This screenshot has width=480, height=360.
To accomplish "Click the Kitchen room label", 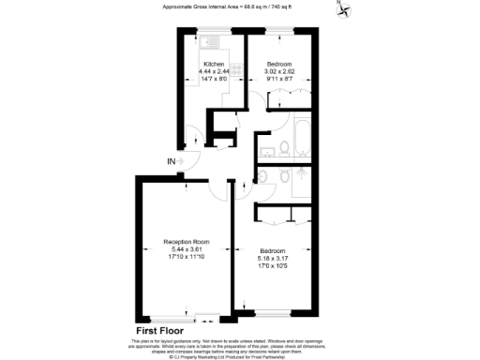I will (x=214, y=64).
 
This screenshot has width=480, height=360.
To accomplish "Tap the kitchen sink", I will (x=212, y=43).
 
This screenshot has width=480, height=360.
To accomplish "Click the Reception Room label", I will (x=186, y=242).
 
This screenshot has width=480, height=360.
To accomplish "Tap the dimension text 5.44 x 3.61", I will (x=186, y=249).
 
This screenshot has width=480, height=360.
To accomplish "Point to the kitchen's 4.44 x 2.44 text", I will (x=214, y=71).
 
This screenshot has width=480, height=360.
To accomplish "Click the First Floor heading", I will (x=159, y=330).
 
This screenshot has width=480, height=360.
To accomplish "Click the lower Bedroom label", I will (x=273, y=250).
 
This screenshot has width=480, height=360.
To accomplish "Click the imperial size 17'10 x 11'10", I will (x=186, y=257).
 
